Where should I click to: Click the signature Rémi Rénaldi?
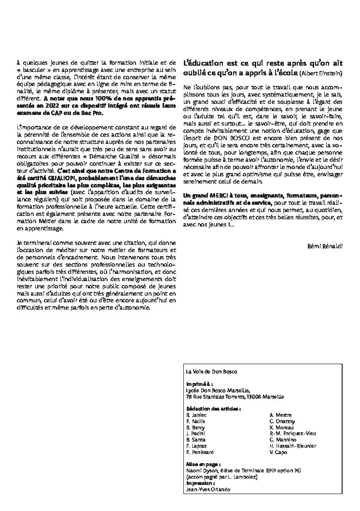coord(325,246)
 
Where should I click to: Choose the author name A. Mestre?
coord(280,415)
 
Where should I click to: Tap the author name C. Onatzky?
coord(282,421)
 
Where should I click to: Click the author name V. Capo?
coord(279,453)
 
